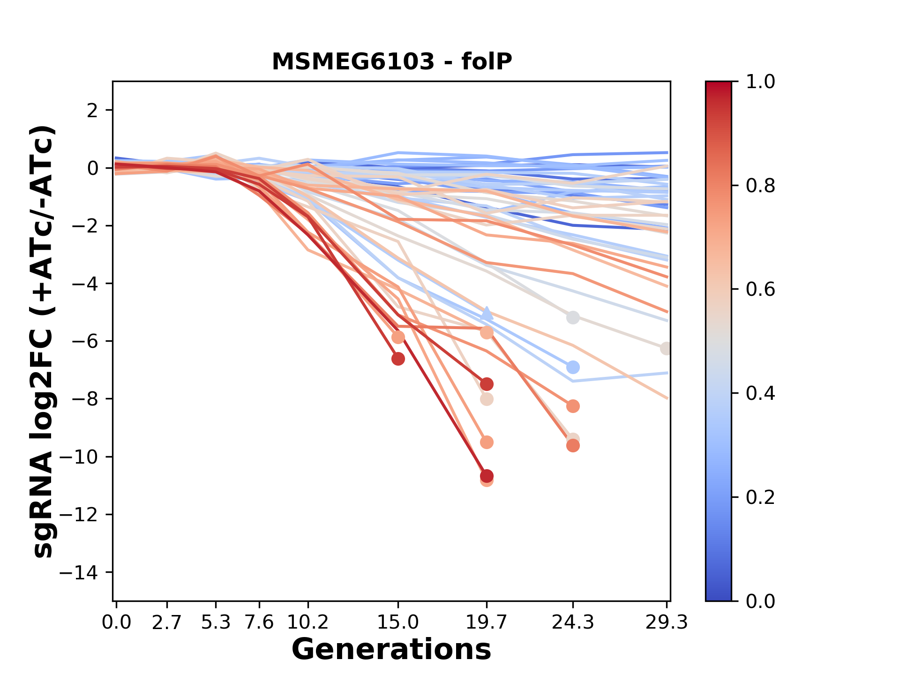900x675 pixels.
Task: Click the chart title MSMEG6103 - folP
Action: [x=392, y=61]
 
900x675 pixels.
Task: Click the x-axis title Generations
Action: [x=391, y=650]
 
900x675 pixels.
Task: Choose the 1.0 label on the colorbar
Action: [x=760, y=82]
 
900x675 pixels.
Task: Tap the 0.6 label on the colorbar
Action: [x=760, y=289]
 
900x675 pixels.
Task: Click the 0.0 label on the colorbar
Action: [x=760, y=601]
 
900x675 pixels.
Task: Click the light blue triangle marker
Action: [x=487, y=313]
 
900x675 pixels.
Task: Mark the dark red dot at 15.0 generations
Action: [x=398, y=359]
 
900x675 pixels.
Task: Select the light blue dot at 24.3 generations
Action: [x=573, y=367]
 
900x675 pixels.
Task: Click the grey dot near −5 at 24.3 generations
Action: [x=573, y=317]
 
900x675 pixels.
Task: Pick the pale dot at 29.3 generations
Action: [x=666, y=348]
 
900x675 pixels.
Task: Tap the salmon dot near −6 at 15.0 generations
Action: [x=398, y=337]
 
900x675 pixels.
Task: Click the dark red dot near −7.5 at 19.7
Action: [x=487, y=384]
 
